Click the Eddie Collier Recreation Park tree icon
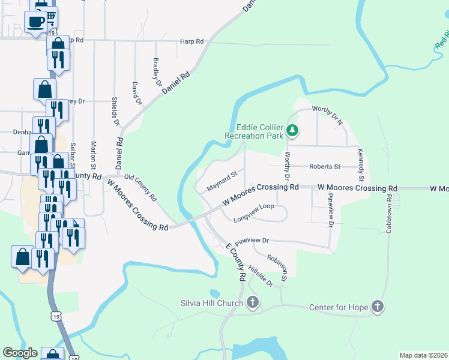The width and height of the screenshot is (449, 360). tap(292, 129)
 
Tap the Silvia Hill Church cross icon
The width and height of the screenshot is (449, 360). tap(253, 302)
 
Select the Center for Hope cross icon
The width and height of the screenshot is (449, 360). tap(377, 307)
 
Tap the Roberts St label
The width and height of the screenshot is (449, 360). tap(325, 166)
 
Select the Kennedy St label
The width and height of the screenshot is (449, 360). tap(361, 165)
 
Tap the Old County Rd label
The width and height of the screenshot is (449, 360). tap(140, 187)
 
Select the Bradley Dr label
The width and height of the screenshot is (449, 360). tap(157, 72)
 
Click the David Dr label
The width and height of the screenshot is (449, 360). tap(136, 93)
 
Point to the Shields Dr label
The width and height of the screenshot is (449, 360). tap(116, 111)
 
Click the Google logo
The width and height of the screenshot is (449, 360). tap(20, 353)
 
